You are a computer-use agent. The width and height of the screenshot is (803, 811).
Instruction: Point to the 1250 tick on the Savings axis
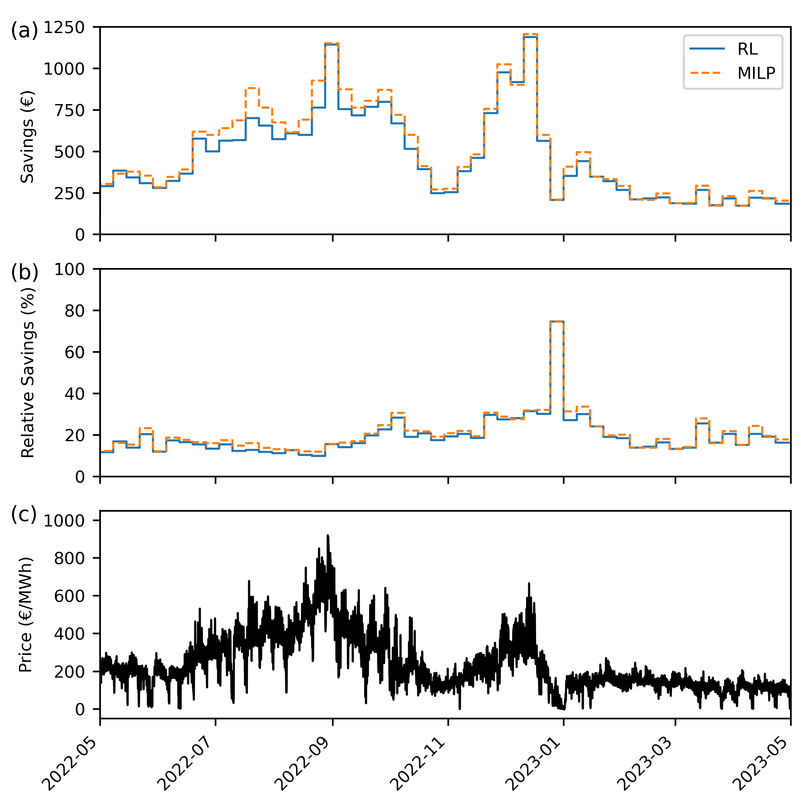point(64,28)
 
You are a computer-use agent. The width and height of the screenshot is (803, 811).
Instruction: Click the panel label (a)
point(24,31)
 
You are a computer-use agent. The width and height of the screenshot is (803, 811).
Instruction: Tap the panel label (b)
point(24,273)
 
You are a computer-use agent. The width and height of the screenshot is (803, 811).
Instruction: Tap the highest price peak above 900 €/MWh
point(328,536)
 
